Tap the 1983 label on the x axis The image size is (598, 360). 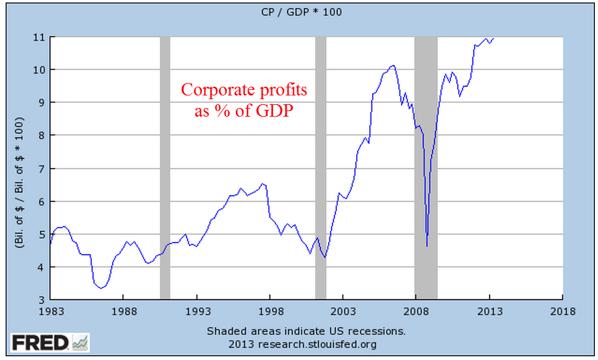[51, 310]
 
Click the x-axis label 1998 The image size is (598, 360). [270, 310]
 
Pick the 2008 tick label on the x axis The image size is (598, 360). [416, 310]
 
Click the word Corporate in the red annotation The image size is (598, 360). [211, 90]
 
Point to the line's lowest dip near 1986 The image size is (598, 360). [101, 288]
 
